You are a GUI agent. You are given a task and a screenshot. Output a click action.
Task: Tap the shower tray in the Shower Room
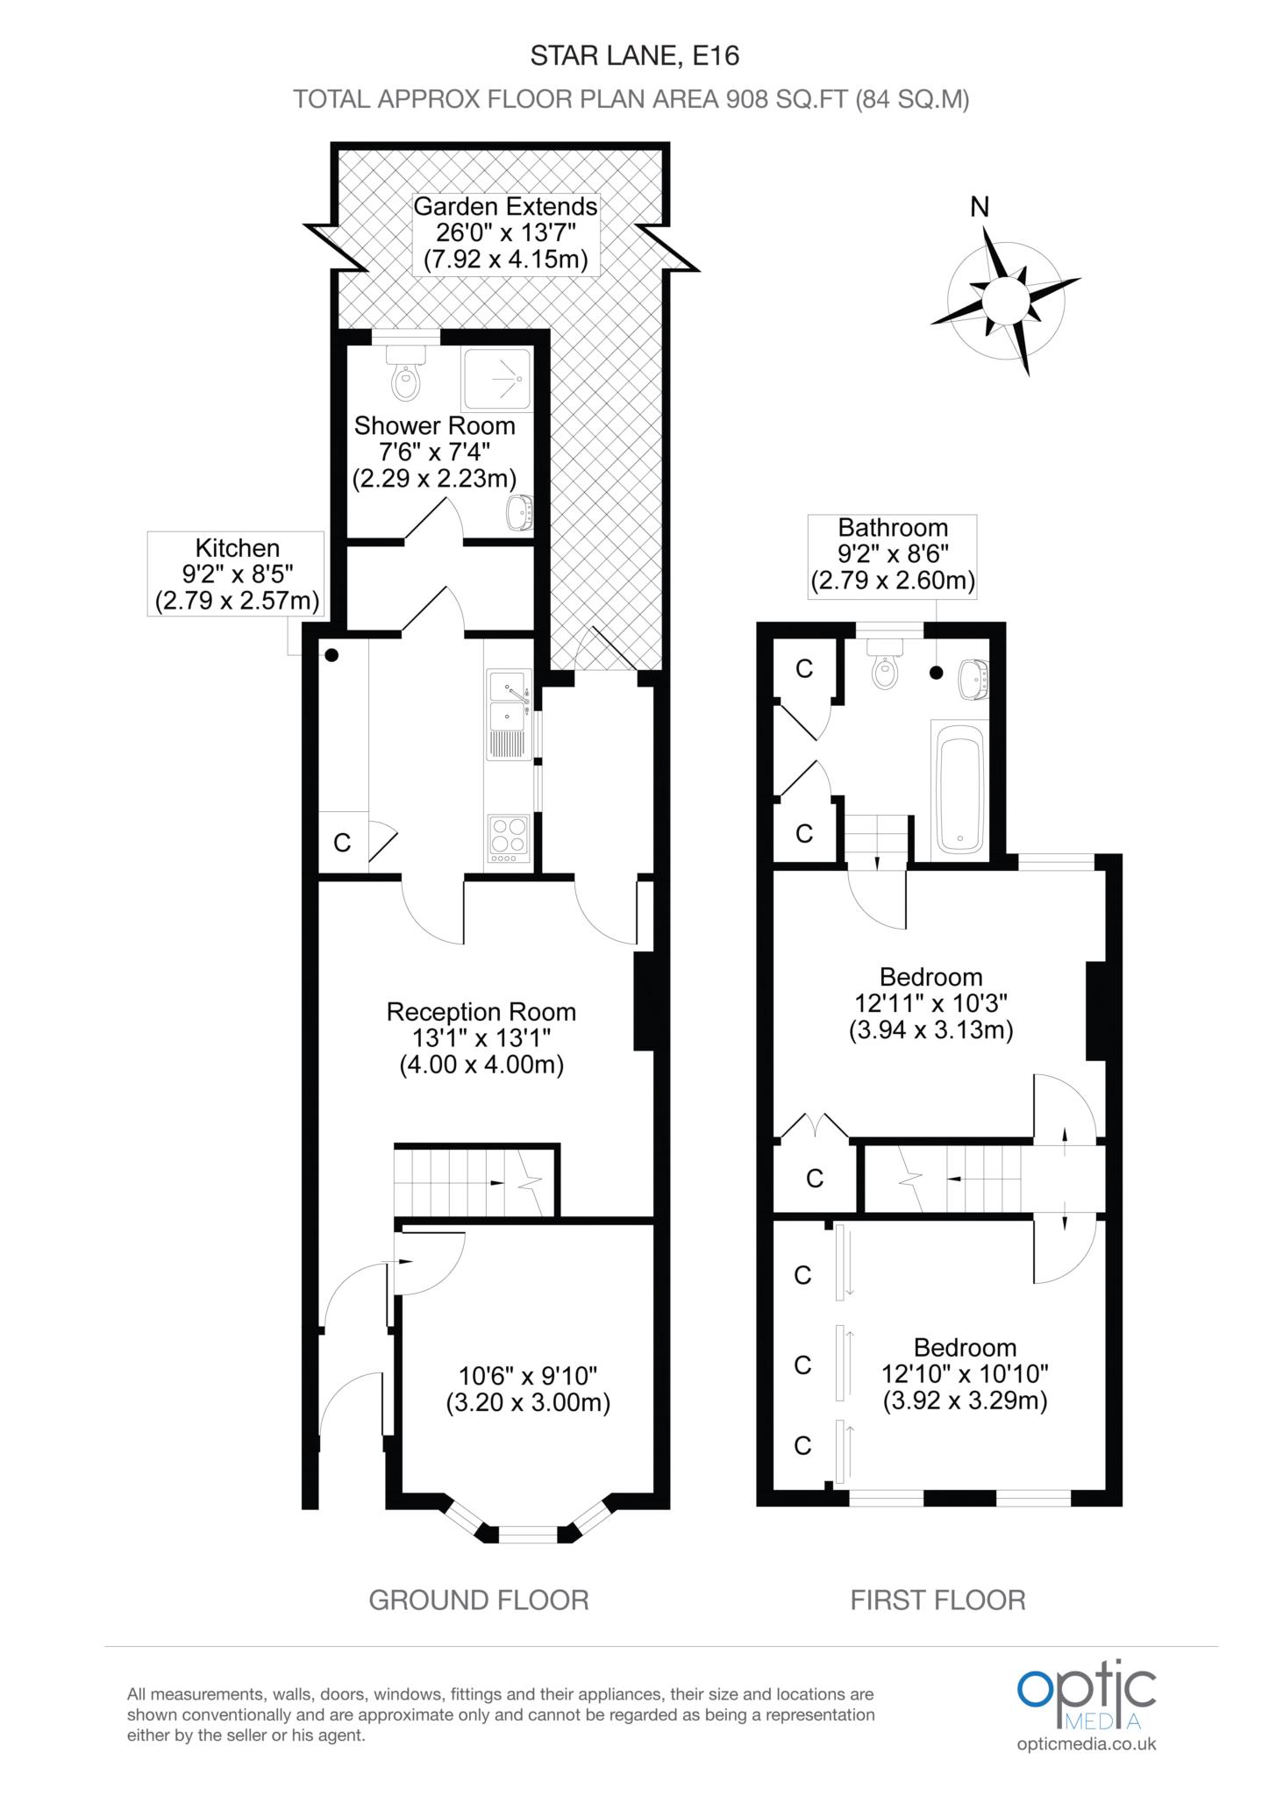(497, 380)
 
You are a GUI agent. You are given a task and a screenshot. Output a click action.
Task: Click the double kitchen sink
(509, 702)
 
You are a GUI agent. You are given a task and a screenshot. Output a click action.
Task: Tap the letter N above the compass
(980, 207)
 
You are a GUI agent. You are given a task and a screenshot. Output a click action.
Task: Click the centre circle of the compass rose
(1005, 301)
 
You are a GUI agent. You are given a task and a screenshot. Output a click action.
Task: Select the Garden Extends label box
(505, 233)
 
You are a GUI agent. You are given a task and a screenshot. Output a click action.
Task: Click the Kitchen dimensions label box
(237, 574)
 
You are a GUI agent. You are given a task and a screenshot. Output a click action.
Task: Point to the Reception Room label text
(481, 1012)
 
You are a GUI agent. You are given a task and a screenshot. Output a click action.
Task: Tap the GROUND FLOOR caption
(479, 1600)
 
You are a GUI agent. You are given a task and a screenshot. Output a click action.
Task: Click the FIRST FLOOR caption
(937, 1600)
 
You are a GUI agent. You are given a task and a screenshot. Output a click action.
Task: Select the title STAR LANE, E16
(635, 56)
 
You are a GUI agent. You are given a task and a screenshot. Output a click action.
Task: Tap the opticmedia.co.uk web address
(1087, 1743)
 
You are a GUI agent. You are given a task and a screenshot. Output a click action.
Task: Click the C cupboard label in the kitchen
(342, 843)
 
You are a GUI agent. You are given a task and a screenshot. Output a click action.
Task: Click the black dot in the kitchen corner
(332, 655)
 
